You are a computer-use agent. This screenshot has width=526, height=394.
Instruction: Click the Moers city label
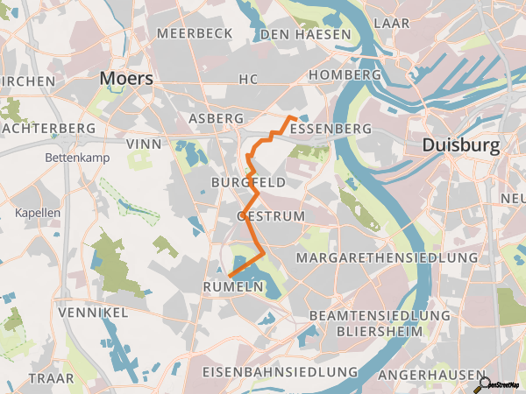pyautogui.click(x=126, y=78)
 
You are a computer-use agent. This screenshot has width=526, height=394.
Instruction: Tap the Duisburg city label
pyautogui.click(x=461, y=144)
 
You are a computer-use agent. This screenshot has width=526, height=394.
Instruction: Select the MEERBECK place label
pyautogui.click(x=195, y=33)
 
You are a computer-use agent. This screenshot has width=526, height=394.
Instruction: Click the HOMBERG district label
pyautogui.click(x=345, y=75)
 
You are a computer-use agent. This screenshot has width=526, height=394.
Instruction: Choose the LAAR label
pyautogui.click(x=392, y=23)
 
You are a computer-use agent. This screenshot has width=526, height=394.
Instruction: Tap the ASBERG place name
pyautogui.click(x=216, y=117)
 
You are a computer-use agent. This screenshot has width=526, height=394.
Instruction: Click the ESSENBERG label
pyautogui.click(x=330, y=129)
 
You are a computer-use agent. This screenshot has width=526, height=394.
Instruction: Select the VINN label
pyautogui.click(x=144, y=142)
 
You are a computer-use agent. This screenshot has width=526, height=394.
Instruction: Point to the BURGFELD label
pyautogui.click(x=248, y=182)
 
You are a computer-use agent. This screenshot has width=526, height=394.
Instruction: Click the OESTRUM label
pyautogui.click(x=271, y=215)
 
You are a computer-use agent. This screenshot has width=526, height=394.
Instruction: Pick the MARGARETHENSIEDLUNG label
pyautogui.click(x=387, y=258)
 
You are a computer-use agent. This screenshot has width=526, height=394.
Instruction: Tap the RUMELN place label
pyautogui.click(x=233, y=287)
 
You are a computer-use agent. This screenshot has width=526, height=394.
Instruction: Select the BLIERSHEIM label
pyautogui.click(x=380, y=332)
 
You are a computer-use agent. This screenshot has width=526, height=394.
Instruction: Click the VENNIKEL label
pyautogui.click(x=93, y=313)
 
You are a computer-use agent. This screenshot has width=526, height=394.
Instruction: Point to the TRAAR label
pyautogui.click(x=52, y=377)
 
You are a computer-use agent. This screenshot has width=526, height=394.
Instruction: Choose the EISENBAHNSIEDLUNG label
pyautogui.click(x=280, y=372)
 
